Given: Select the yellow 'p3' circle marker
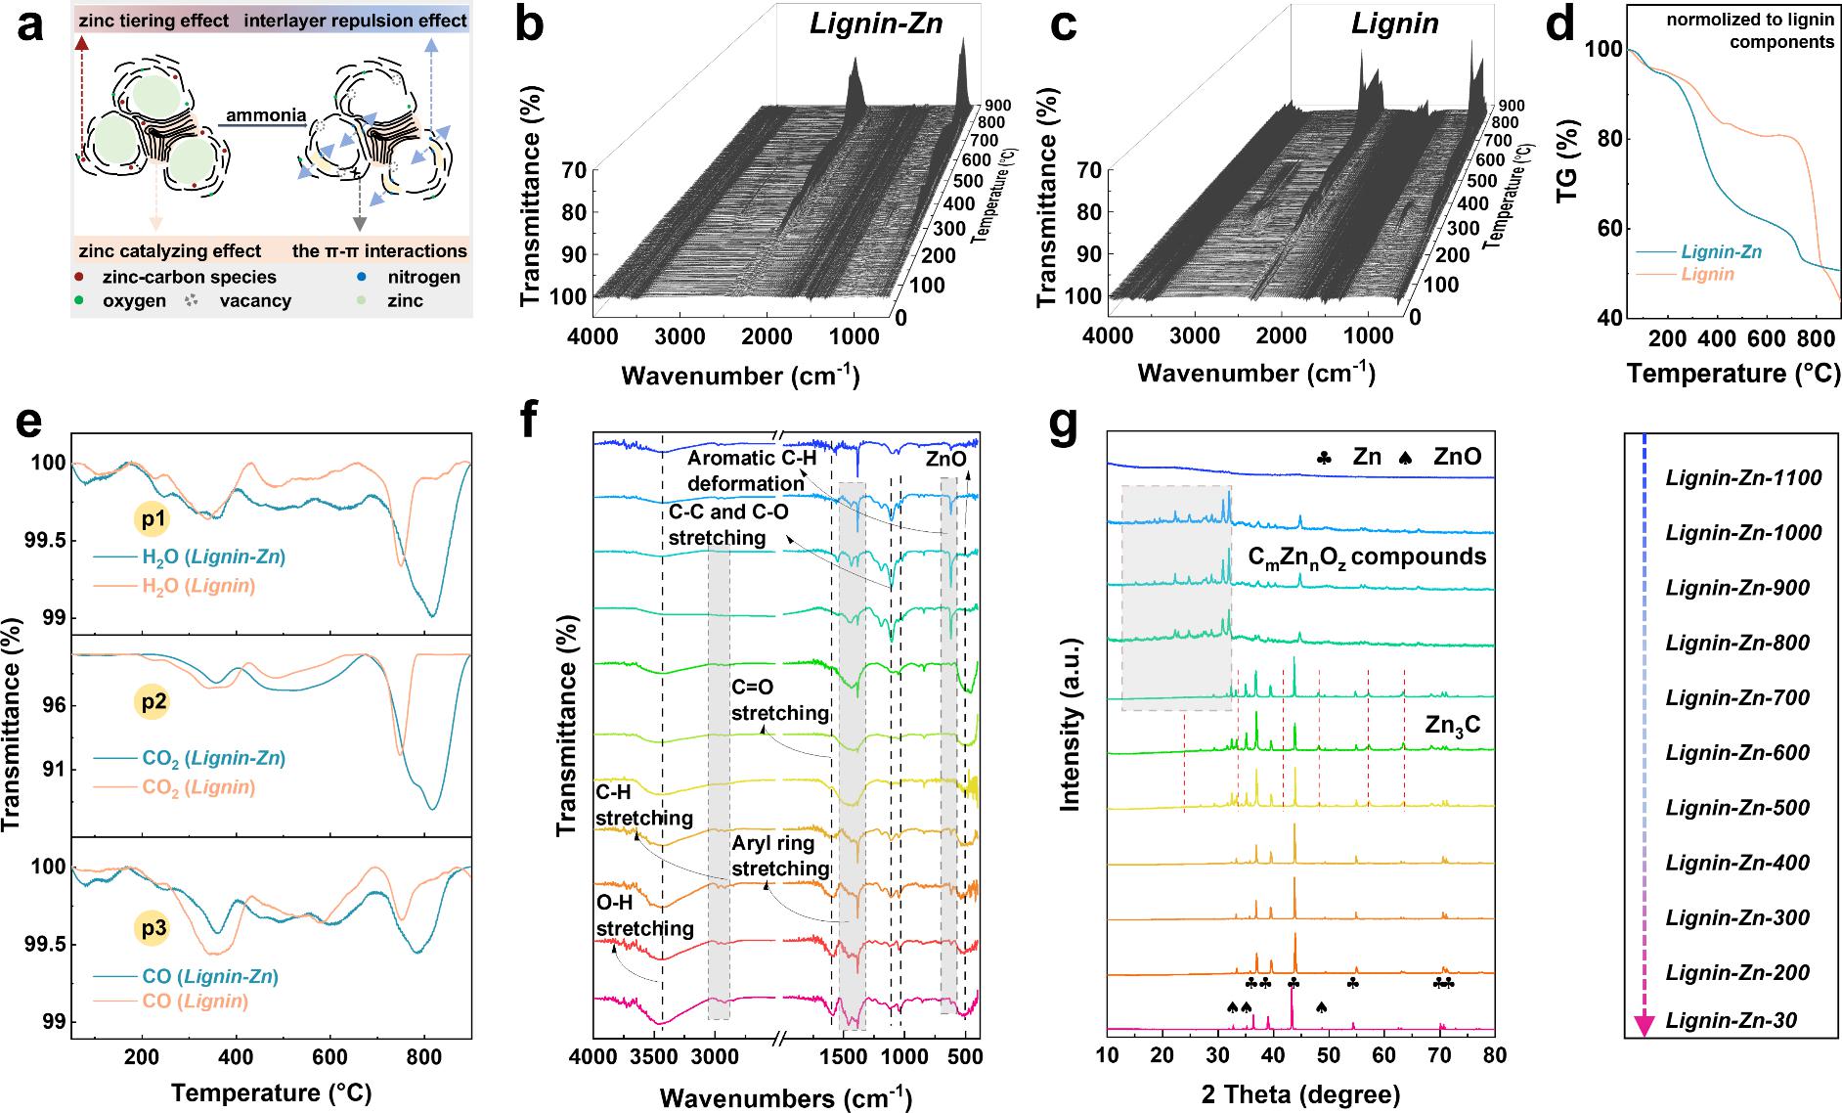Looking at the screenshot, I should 153,928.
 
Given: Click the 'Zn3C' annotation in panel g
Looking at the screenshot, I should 1453,725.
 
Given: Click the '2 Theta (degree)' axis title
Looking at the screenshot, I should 1299,1092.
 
